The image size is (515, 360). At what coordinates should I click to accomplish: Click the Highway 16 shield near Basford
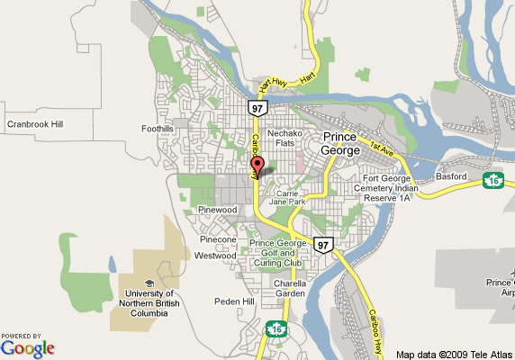492,181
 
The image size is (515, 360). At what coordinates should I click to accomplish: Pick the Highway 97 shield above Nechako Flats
257,108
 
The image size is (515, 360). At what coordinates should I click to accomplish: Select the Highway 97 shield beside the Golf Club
323,245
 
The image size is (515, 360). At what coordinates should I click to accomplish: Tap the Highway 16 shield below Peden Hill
276,328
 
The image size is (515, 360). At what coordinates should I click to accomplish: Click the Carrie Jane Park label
291,198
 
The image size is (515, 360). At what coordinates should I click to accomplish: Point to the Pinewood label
217,209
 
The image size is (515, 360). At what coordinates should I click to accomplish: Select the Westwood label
215,256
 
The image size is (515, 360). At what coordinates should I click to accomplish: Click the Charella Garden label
291,288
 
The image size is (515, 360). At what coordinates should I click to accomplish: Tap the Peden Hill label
234,301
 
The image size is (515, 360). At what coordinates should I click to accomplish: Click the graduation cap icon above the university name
149,283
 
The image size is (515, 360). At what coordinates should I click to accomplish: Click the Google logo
28,347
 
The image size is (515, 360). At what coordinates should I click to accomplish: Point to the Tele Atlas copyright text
454,354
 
